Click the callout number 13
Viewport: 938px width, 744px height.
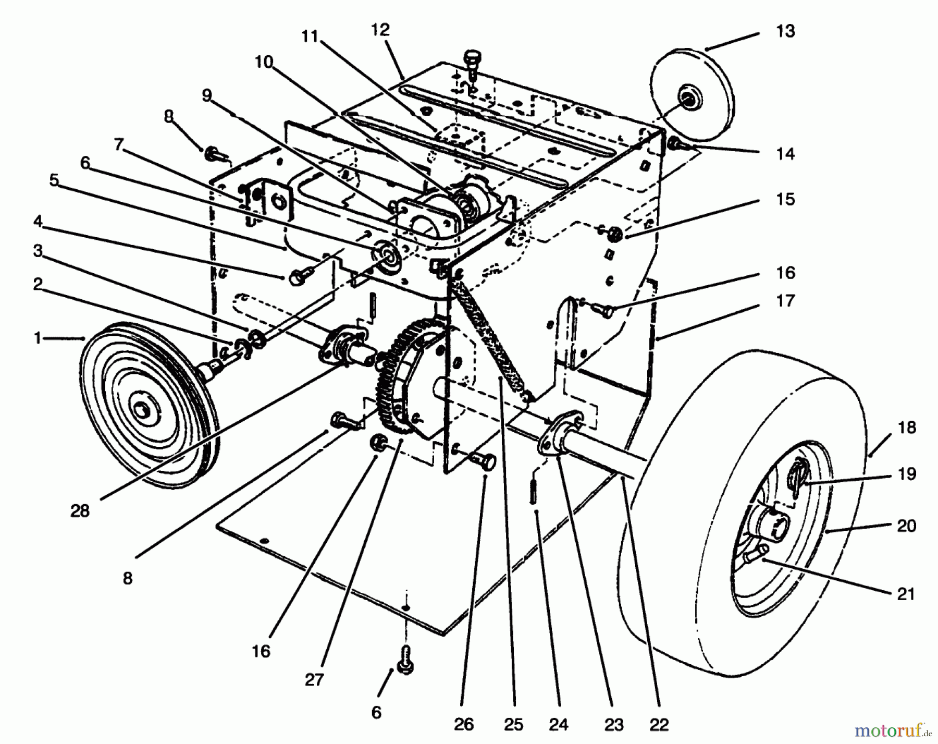785,31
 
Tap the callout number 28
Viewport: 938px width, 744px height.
80,511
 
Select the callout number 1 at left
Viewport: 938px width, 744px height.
37,338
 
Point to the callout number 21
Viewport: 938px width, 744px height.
906,594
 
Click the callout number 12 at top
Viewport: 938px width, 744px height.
380,30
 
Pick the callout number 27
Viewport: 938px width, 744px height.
314,680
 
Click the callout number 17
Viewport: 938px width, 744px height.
785,301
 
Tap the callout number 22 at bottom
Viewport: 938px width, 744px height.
659,724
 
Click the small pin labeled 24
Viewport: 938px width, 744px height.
532,491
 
